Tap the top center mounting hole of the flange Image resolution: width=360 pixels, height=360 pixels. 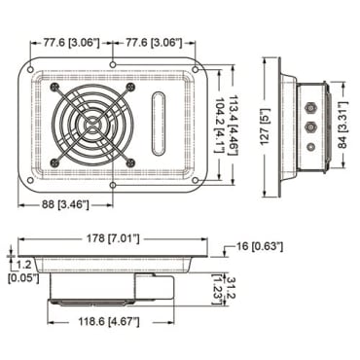click(115, 64)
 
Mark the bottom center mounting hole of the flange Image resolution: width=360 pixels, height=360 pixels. click(115, 183)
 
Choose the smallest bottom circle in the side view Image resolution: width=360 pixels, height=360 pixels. click(310, 146)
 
